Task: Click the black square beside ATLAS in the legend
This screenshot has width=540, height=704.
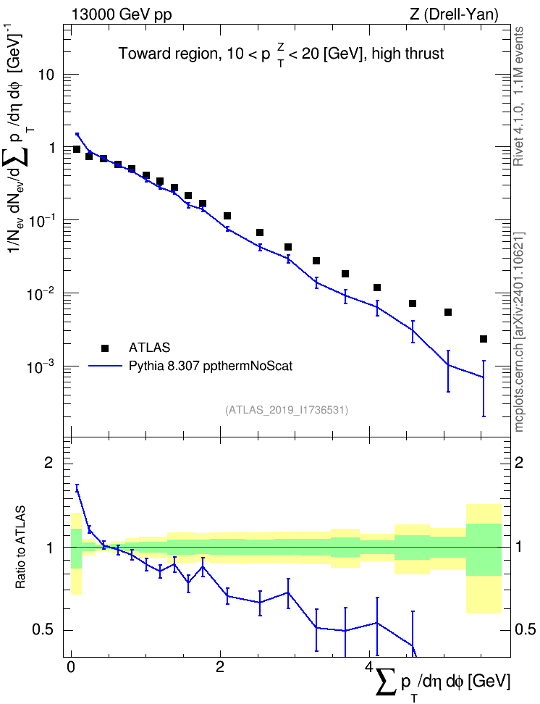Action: [x=105, y=348]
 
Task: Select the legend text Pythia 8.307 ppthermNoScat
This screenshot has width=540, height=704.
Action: [x=211, y=366]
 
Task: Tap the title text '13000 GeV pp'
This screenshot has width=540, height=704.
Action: [x=122, y=14]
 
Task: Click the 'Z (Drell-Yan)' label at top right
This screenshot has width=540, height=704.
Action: [x=454, y=14]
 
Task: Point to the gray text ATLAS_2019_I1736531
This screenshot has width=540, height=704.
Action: [x=287, y=410]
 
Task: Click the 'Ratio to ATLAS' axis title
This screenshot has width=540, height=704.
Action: [x=20, y=547]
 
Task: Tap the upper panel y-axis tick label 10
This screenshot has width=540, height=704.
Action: [x=46, y=75]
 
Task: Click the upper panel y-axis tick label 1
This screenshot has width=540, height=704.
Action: [x=51, y=148]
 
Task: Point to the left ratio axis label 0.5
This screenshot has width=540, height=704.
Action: [x=43, y=630]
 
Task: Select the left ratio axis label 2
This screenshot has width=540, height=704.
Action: [x=49, y=463]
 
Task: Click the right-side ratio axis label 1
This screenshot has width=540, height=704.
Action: [x=518, y=548]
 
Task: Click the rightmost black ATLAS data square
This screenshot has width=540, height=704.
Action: [x=484, y=339]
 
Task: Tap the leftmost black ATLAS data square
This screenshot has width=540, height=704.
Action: [x=77, y=149]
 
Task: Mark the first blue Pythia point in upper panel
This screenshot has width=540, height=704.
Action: [x=77, y=134]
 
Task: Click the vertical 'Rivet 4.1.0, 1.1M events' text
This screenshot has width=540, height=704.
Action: [x=518, y=96]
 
